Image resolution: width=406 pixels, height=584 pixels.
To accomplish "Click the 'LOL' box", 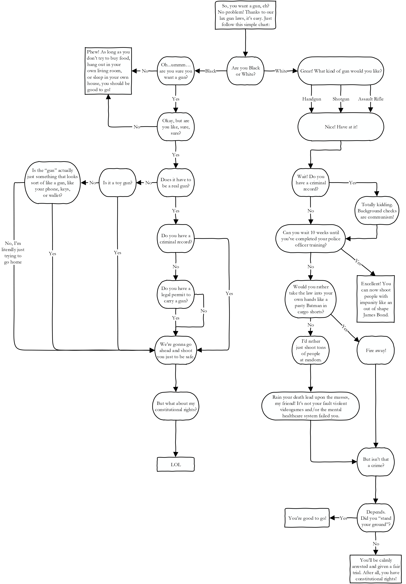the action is click(x=176, y=464).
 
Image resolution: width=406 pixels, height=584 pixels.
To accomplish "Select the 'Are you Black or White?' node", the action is click(x=245, y=71).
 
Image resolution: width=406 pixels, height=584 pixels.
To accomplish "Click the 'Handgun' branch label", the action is click(x=312, y=99).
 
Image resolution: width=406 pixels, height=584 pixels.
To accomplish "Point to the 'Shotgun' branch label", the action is click(x=341, y=99).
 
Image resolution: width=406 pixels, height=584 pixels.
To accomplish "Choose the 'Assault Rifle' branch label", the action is click(x=371, y=99).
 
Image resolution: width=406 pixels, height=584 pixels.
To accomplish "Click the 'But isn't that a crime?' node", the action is click(x=376, y=462).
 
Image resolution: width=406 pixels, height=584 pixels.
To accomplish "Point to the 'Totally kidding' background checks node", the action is click(x=377, y=211).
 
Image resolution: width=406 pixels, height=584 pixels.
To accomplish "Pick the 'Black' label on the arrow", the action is click(x=211, y=71).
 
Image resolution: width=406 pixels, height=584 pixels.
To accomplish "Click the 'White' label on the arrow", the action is click(x=281, y=71).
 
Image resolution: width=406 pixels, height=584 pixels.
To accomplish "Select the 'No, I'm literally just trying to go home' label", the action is click(x=13, y=253).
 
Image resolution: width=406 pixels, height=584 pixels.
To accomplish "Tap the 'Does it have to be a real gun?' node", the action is click(x=176, y=183).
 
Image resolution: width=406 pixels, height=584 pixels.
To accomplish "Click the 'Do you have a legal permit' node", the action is click(x=176, y=294).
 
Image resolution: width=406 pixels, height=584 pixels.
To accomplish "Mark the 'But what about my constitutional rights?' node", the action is click(x=176, y=406).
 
